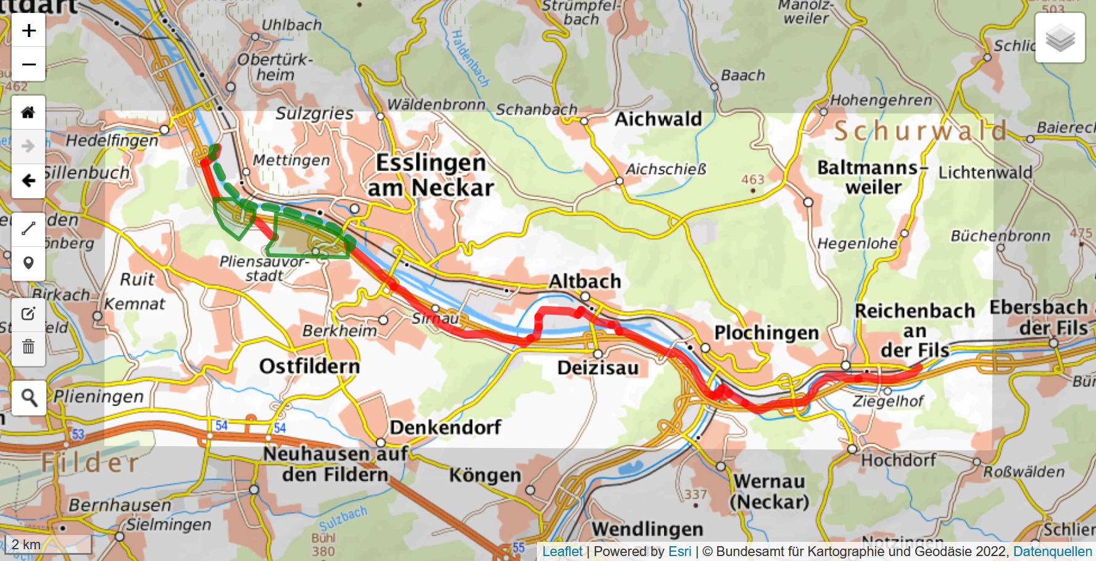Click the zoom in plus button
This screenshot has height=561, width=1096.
pyautogui.click(x=28, y=31)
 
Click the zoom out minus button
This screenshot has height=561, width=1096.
pyautogui.click(x=28, y=64)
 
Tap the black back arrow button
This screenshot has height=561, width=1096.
pyautogui.click(x=28, y=181)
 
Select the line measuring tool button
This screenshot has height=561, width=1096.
pyautogui.click(x=28, y=229)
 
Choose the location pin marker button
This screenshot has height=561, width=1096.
pyautogui.click(x=28, y=263)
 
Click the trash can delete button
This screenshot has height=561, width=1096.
pyautogui.click(x=28, y=346)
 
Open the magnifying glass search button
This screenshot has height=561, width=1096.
pyautogui.click(x=28, y=397)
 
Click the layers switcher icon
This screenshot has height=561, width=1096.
pyautogui.click(x=1060, y=38)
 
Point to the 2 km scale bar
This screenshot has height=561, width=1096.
pyautogui.click(x=48, y=544)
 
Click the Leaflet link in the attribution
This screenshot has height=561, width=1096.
pyautogui.click(x=562, y=552)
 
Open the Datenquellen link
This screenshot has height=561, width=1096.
pyautogui.click(x=1052, y=552)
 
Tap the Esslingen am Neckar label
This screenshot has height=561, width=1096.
pyautogui.click(x=431, y=175)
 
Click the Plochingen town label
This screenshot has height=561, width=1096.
pyautogui.click(x=766, y=333)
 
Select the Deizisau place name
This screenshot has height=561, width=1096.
pyautogui.click(x=597, y=368)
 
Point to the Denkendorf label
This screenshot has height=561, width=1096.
pyautogui.click(x=445, y=427)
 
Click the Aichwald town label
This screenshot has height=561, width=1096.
pyautogui.click(x=658, y=119)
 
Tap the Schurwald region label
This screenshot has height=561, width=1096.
pyautogui.click(x=920, y=131)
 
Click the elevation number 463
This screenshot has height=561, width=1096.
pyautogui.click(x=752, y=180)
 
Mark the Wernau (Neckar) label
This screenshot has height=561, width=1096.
pyautogui.click(x=769, y=491)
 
